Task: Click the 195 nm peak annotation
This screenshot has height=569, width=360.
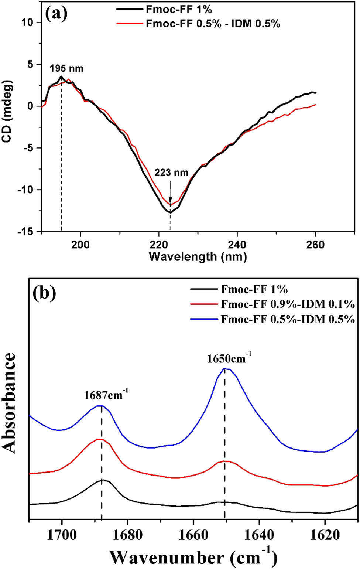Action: click(x=66, y=68)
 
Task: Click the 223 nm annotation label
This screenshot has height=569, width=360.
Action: click(x=171, y=173)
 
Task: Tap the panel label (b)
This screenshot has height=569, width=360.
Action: click(x=44, y=293)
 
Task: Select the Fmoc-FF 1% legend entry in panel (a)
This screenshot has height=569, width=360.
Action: click(x=179, y=10)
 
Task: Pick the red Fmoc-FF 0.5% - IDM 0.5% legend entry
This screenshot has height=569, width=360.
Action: click(x=213, y=24)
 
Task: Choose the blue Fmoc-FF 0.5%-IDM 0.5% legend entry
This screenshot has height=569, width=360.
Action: click(x=288, y=319)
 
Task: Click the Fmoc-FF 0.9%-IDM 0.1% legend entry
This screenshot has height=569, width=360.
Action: click(x=288, y=304)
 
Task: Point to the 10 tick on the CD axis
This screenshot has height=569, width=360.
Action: click(x=27, y=23)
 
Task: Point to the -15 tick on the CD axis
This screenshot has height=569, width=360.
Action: click(x=25, y=232)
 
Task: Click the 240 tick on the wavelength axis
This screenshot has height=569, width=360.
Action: click(x=237, y=245)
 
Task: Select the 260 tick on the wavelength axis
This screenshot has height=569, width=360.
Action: click(x=315, y=245)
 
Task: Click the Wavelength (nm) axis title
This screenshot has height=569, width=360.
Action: click(x=198, y=256)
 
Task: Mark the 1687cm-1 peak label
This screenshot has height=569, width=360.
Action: click(x=106, y=395)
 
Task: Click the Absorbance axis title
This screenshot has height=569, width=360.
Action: click(x=10, y=402)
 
